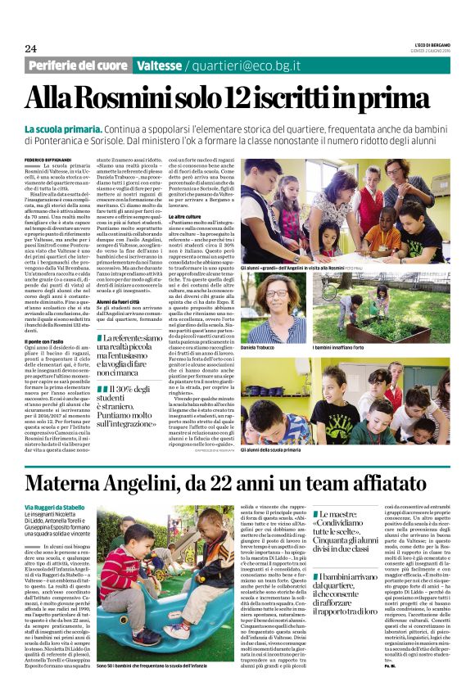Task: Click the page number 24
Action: pyautogui.click(x=30, y=49)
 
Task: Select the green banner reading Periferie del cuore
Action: pyautogui.click(x=79, y=65)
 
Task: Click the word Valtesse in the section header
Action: pyautogui.click(x=160, y=65)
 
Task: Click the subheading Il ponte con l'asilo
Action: pyautogui.click(x=47, y=340)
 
